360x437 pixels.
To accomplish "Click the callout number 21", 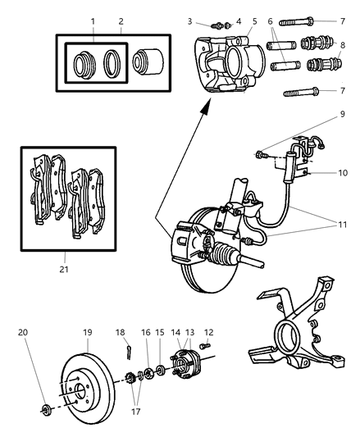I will coord(66,268).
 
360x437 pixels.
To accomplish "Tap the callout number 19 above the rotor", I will coord(89,333).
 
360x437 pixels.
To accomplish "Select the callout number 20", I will coord(23,333).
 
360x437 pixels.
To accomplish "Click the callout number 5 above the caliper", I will coord(254,20).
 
